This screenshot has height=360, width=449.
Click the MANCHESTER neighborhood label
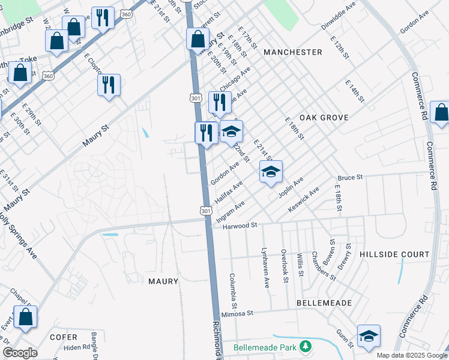(292, 52)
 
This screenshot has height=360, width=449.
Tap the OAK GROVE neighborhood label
(324, 118)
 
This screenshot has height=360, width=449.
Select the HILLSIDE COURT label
(394, 254)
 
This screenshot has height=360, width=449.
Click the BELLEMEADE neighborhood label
(324, 303)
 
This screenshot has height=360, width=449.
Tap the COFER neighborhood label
(64, 337)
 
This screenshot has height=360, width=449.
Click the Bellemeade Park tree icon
(306, 347)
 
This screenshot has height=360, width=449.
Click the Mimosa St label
(238, 313)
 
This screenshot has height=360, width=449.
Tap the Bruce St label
(351, 178)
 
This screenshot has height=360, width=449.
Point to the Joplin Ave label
(291, 188)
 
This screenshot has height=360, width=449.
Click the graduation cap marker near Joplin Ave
(271, 172)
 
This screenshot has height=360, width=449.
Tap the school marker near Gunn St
(369, 336)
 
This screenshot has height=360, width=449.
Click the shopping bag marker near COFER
(26, 318)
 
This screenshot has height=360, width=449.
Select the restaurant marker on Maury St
(109, 85)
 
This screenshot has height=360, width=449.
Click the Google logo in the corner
(20, 353)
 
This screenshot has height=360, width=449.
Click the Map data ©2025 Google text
(411, 355)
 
